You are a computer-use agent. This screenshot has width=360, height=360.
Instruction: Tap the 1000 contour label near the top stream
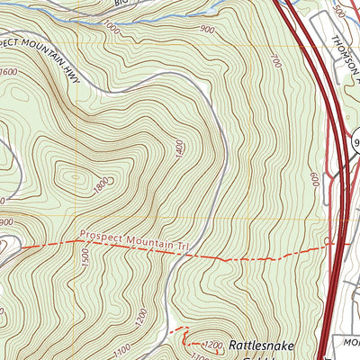coord(112,30)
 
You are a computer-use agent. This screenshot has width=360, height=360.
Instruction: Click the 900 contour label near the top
coord(208,30)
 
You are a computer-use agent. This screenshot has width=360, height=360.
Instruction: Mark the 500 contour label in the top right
coord(338,10)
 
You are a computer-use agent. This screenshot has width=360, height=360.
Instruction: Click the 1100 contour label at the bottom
coord(123,347)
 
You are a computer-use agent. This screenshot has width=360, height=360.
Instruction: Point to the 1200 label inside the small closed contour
coord(212,346)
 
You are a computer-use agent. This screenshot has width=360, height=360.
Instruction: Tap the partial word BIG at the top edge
coord(122,4)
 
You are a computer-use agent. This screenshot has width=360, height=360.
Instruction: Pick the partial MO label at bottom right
coord(351,343)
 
